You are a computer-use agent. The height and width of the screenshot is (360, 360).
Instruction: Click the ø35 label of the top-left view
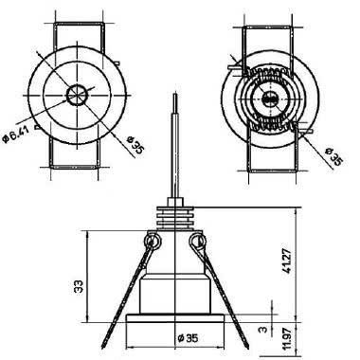click(135, 145)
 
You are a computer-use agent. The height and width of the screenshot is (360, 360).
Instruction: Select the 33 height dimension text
click(79, 286)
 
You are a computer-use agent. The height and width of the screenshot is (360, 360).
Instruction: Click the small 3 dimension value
click(262, 330)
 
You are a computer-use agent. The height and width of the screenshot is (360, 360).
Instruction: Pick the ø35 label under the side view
click(188, 338)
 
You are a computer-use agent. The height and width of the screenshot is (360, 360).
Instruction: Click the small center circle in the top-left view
click(77, 95)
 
